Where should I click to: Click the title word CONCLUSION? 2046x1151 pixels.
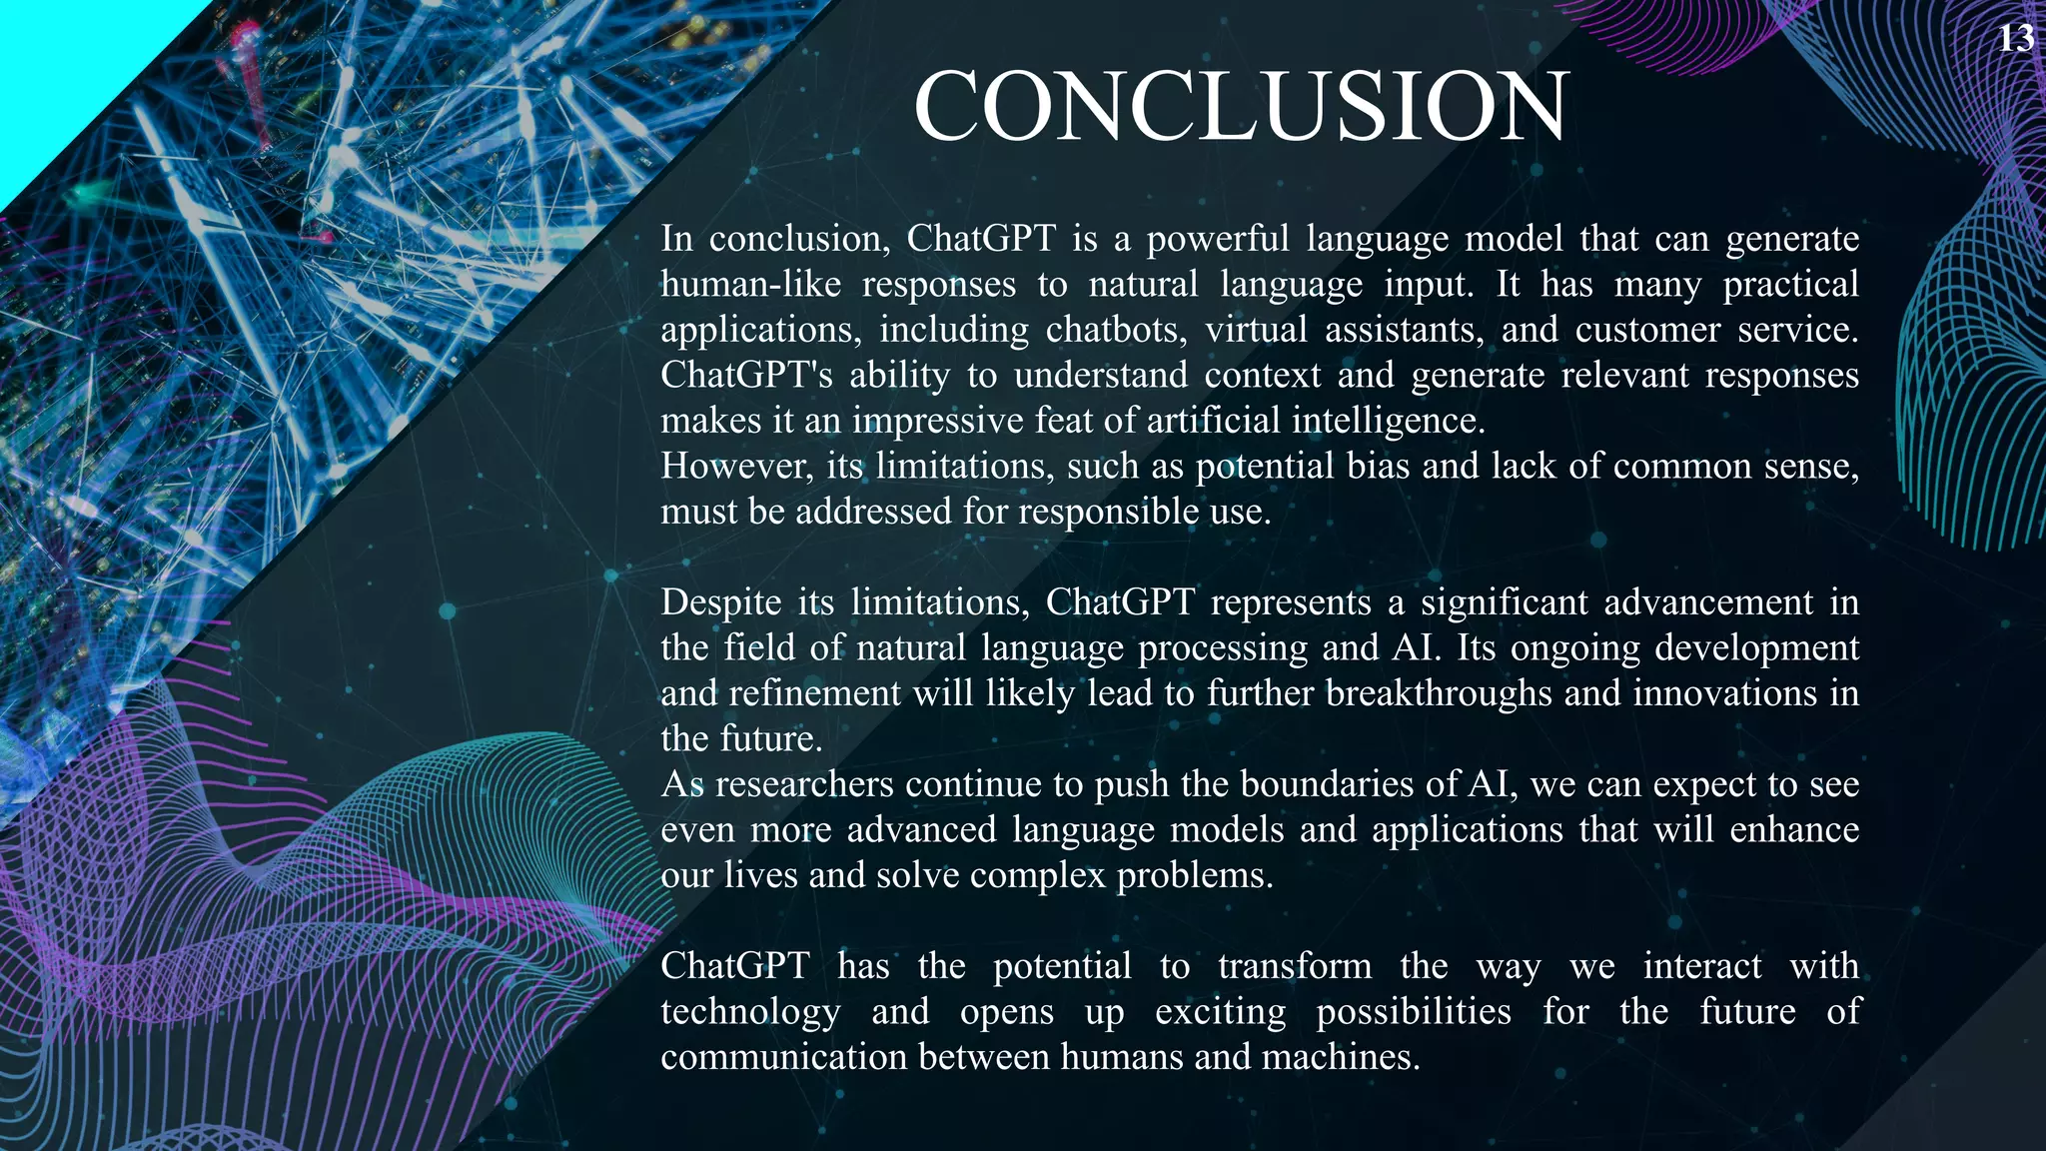tap(1241, 108)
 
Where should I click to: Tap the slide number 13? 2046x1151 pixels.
tap(2016, 39)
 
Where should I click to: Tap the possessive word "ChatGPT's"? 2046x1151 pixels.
tap(746, 376)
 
